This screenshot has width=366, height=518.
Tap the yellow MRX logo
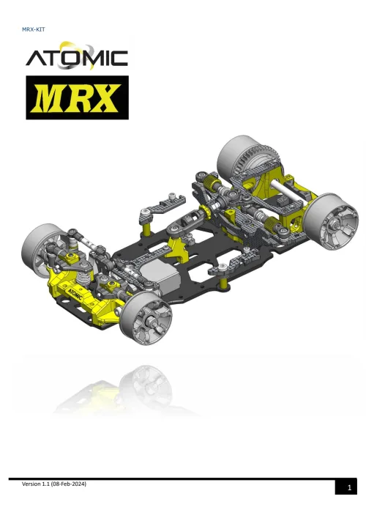tap(76, 97)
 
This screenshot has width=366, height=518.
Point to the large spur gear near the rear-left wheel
tap(253, 166)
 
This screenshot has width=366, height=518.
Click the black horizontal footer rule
tap(183, 478)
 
